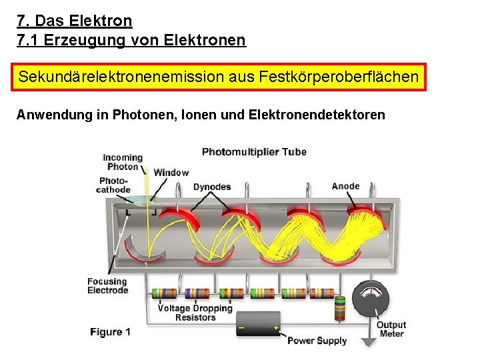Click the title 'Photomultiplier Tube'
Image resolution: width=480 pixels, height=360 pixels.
[254, 151]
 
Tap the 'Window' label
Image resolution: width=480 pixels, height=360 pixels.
[171, 173]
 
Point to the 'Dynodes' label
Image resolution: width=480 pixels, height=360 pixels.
[212, 187]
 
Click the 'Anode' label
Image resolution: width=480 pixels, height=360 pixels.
[345, 186]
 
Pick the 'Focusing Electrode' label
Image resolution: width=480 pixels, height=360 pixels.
[107, 285]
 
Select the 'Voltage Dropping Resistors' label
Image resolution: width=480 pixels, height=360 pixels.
[195, 313]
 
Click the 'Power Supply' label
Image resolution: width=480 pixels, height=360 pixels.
[317, 341]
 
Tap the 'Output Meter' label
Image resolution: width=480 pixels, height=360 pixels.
[391, 329]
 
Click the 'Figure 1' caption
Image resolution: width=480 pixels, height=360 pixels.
[111, 331]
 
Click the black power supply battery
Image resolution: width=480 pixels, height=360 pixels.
[259, 323]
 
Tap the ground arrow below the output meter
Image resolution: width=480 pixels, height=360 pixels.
[369, 342]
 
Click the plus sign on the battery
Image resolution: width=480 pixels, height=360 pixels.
[275, 328]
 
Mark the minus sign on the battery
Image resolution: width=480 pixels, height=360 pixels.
[242, 328]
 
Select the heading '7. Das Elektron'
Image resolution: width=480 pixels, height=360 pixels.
[75, 21]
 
